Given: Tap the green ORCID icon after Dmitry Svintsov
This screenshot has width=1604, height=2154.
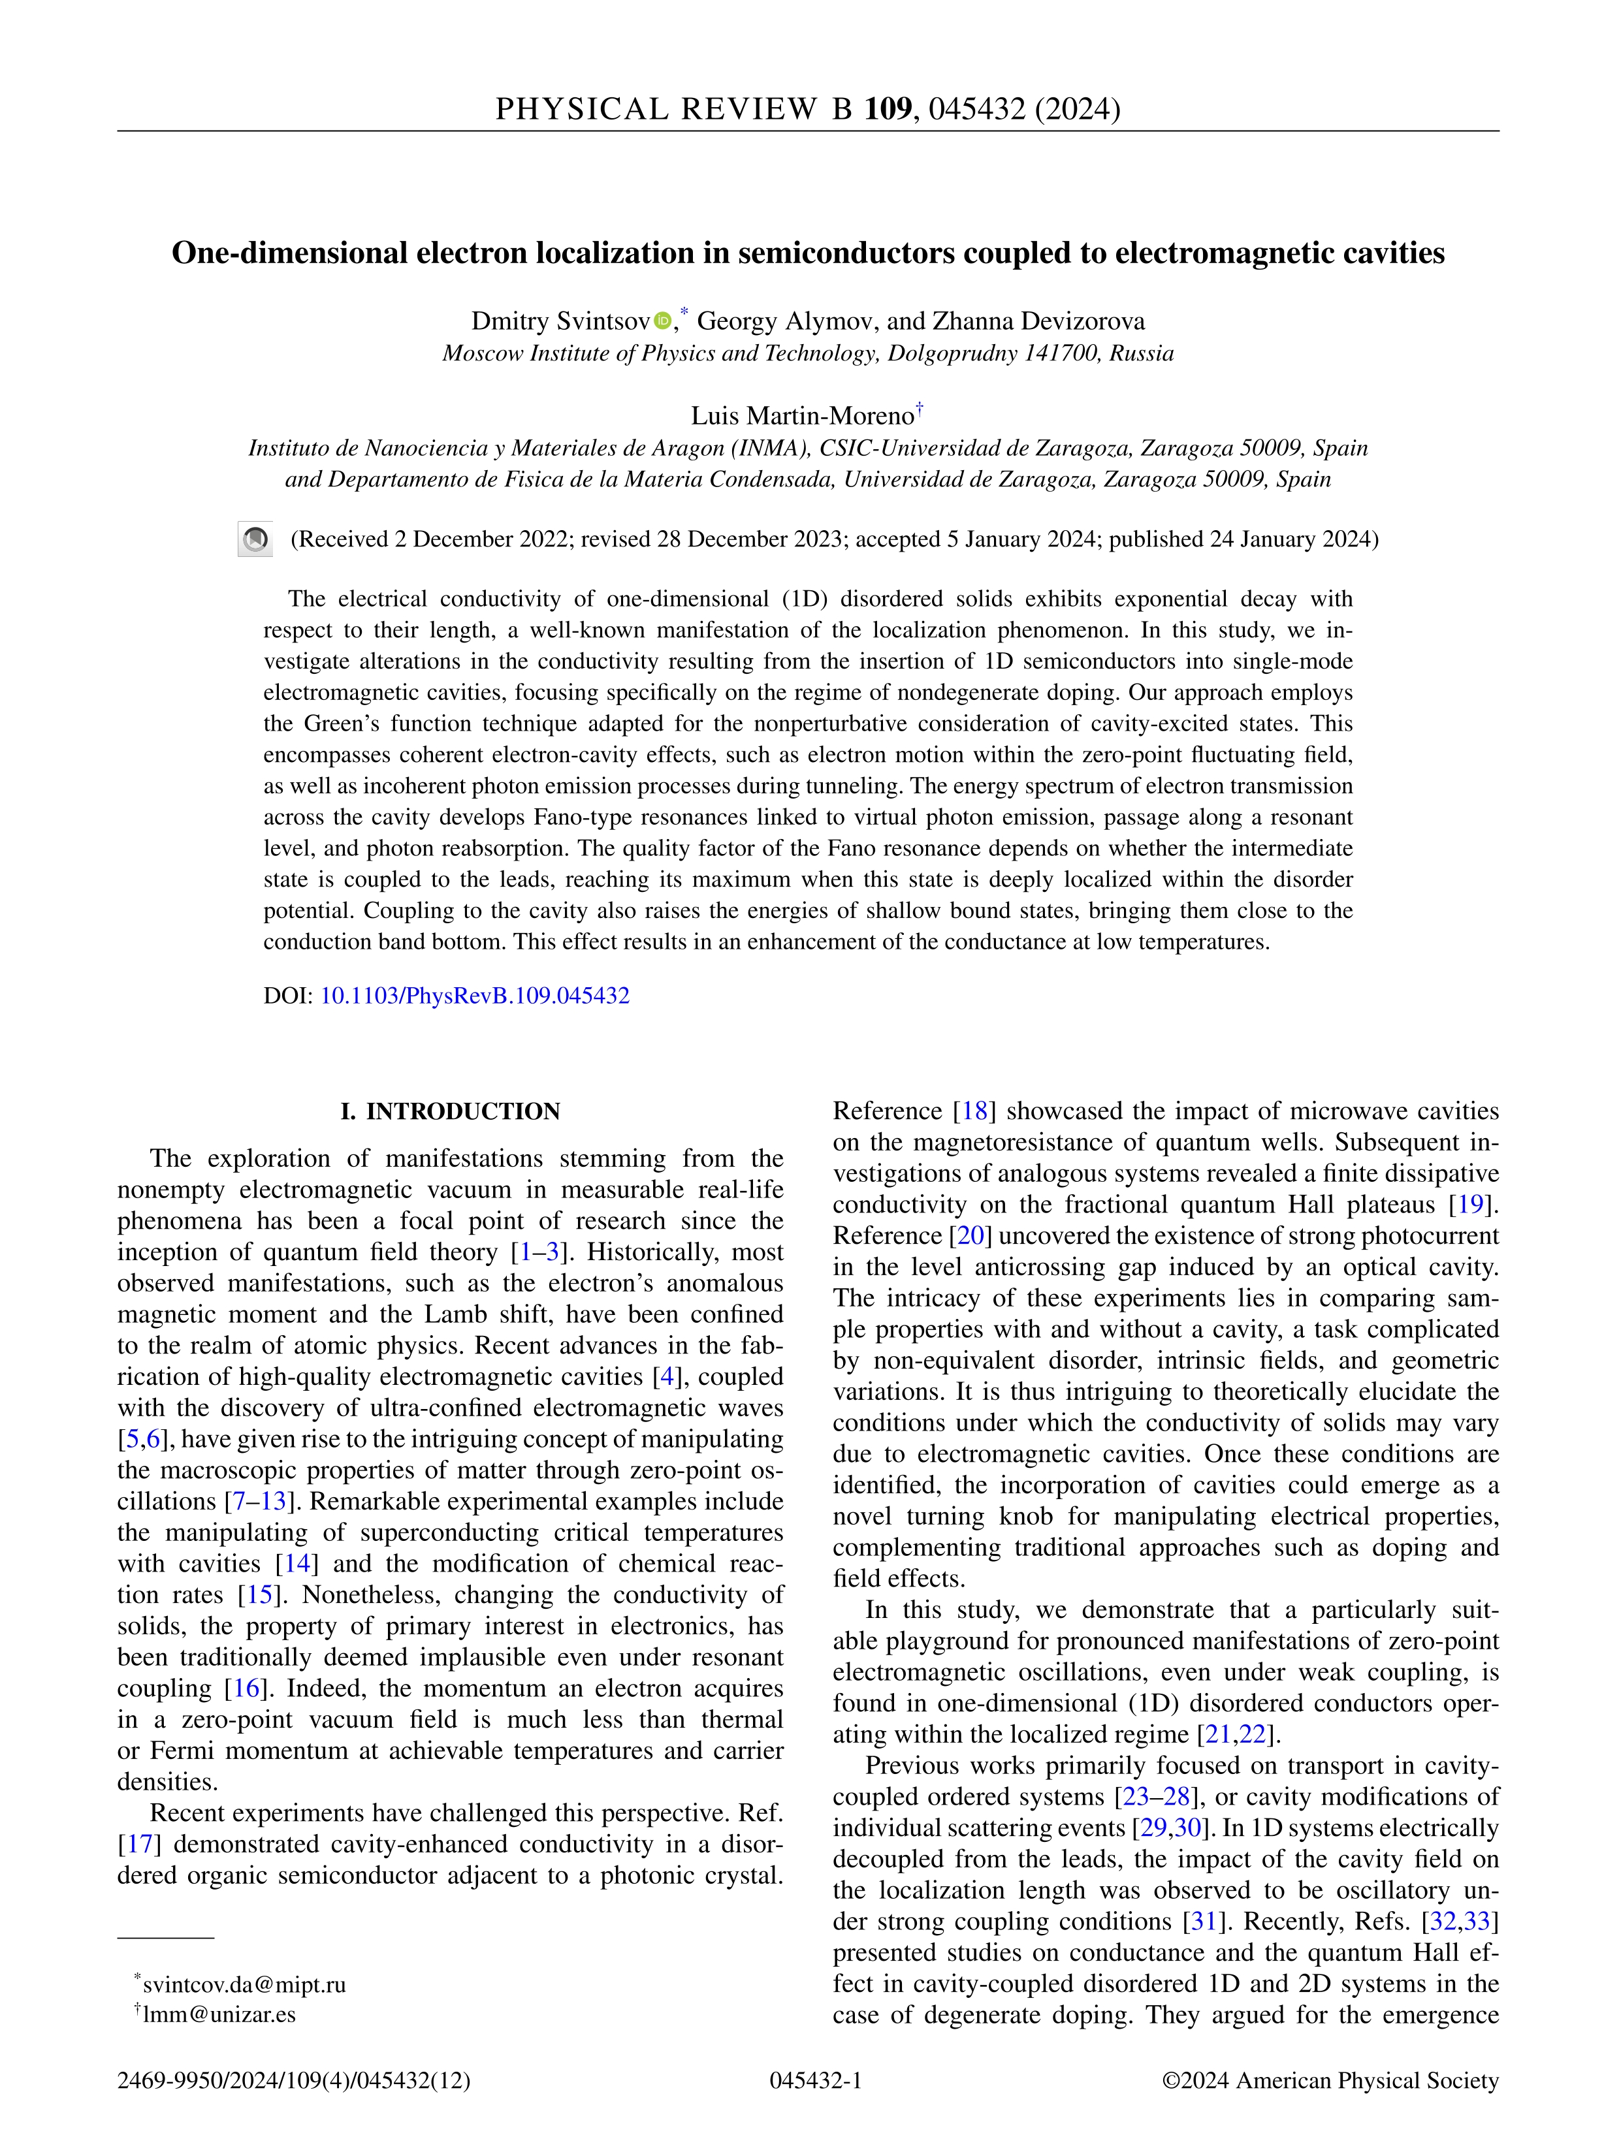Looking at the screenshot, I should (x=662, y=321).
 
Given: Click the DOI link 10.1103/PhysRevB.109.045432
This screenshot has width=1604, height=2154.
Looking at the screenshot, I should (x=475, y=996).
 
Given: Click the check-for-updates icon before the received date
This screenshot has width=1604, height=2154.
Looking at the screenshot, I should (x=255, y=540).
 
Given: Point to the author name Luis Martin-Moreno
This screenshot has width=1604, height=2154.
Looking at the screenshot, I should (x=802, y=417).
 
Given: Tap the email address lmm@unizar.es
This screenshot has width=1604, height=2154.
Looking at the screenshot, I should (x=219, y=2014).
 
